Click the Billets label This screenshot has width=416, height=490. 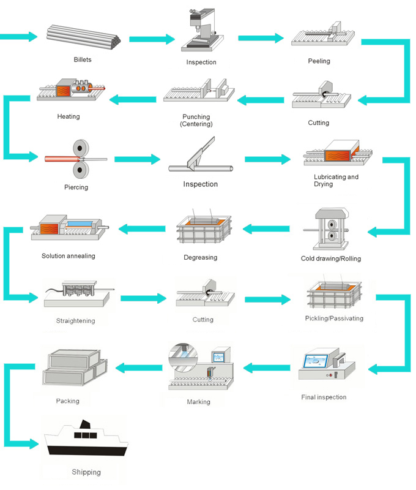tap(83, 59)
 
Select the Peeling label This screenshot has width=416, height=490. tap(319, 61)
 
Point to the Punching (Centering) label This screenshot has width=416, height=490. tap(196, 120)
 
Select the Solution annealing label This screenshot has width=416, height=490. tap(69, 255)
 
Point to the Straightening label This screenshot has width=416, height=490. tap(76, 320)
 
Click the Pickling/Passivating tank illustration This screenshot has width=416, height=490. tap(334, 293)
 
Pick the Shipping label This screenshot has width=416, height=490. tap(86, 472)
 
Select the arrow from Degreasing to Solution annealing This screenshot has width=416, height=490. tap(141, 230)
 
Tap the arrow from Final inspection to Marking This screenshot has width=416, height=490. tap(267, 367)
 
